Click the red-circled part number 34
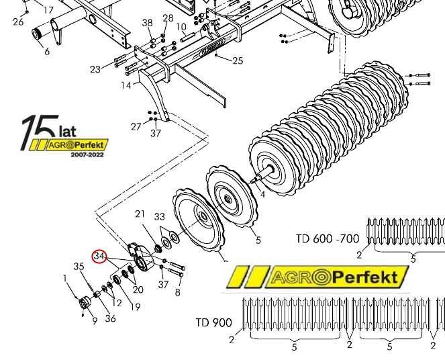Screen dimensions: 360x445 pyautogui.click(x=100, y=257)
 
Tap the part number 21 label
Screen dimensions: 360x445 pyautogui.click(x=140, y=214)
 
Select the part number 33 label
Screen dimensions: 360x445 pyautogui.click(x=159, y=217)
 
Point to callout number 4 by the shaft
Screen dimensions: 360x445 pyautogui.click(x=262, y=195)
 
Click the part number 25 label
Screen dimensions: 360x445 pyautogui.click(x=238, y=61)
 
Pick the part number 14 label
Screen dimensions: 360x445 pyautogui.click(x=126, y=85)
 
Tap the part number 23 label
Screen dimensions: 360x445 pyautogui.click(x=95, y=69)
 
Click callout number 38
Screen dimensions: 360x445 pyautogui.click(x=147, y=24)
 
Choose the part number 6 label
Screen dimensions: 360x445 pyautogui.click(x=46, y=52)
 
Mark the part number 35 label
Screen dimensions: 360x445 pyautogui.click(x=79, y=267)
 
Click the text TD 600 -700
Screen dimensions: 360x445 pyautogui.click(x=328, y=238)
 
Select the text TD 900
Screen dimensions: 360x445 pyautogui.click(x=213, y=323)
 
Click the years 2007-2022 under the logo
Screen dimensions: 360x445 pyautogui.click(x=88, y=154)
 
